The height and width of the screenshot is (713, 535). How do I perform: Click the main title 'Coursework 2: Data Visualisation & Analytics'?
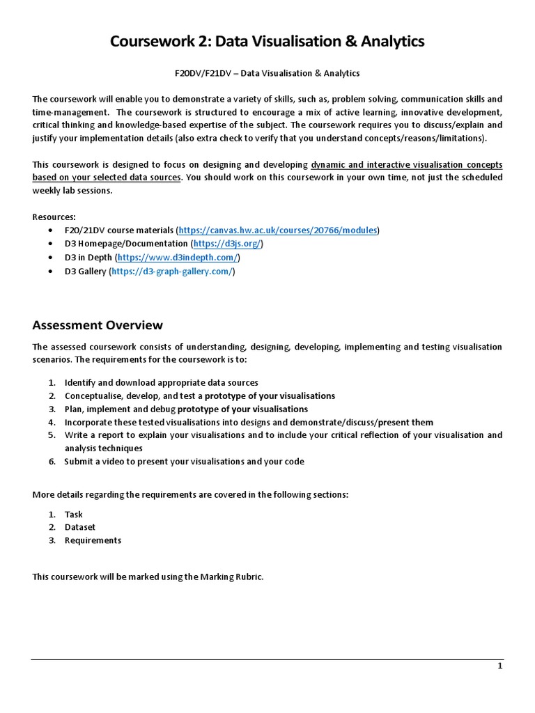point(267,42)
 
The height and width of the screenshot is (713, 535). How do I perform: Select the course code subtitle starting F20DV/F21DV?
point(267,73)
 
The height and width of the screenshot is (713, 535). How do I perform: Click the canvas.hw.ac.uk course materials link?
point(279,230)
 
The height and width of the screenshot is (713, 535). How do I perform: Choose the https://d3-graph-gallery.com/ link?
point(172,272)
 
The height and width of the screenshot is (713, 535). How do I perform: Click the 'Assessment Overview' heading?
point(98,325)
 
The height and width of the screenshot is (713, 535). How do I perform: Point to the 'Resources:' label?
point(54,217)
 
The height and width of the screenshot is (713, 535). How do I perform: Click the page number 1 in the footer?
point(499,666)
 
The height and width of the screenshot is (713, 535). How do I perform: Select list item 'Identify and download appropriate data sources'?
point(161,382)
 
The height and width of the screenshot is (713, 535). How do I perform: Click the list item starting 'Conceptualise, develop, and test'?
point(199,395)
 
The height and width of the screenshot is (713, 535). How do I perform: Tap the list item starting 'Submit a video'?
point(184,461)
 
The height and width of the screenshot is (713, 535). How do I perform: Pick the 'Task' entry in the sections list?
point(73,515)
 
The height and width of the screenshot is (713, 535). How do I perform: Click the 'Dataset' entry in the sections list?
point(80,527)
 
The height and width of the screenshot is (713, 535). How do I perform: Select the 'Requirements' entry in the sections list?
point(93,540)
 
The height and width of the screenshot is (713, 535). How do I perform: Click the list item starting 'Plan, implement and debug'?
point(186,409)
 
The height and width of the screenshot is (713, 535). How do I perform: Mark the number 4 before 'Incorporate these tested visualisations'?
point(52,422)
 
